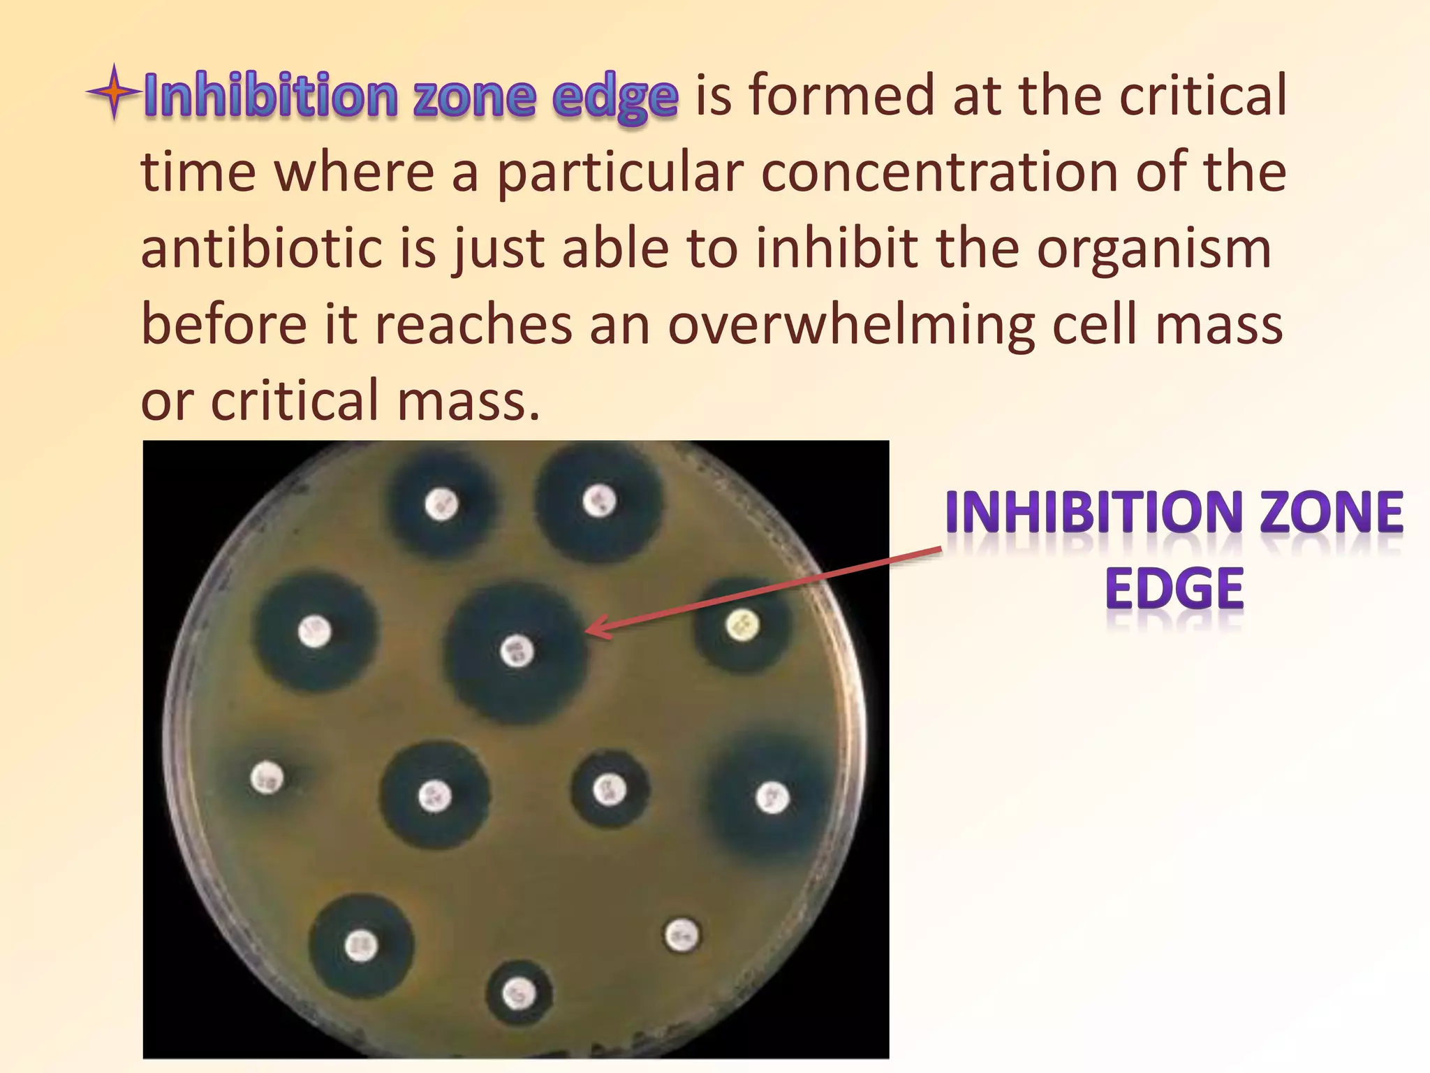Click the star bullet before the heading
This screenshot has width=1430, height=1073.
[114, 92]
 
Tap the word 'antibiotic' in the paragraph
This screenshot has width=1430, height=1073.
[261, 249]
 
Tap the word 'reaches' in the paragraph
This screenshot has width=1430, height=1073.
[473, 325]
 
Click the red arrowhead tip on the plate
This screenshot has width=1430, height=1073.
[588, 631]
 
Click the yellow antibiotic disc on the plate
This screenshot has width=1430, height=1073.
[742, 625]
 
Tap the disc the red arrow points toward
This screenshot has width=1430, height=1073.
[517, 652]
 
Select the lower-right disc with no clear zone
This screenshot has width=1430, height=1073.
[681, 935]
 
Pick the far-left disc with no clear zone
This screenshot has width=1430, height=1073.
[267, 777]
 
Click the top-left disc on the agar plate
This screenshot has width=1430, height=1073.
[441, 504]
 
